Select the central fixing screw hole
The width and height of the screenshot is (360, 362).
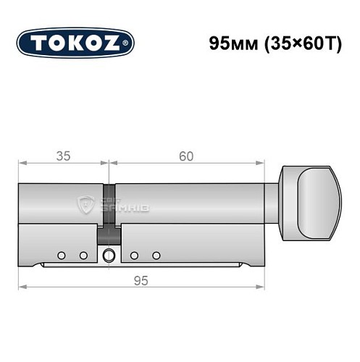pyautogui.click(x=109, y=255)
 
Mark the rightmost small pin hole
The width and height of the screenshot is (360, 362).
pyautogui.click(x=156, y=255)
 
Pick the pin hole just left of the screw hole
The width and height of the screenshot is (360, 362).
pyautogui.click(x=83, y=255)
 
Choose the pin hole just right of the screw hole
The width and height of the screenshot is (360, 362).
pyautogui.click(x=135, y=255)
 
